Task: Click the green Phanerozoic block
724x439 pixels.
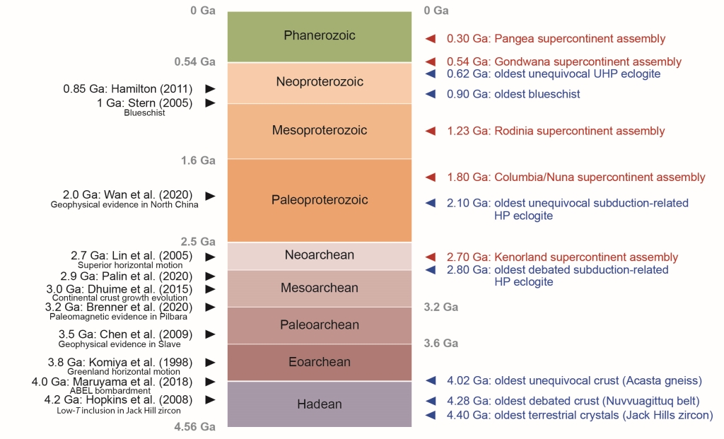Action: [x=319, y=36]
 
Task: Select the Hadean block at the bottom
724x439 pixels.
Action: [x=319, y=404]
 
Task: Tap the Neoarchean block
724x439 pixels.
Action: [x=319, y=255]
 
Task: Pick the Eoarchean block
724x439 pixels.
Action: [x=319, y=363]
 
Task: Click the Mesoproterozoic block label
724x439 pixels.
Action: [x=319, y=130]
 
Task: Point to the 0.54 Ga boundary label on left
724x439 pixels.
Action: [x=194, y=62]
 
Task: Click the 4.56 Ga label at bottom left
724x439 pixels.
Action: [x=194, y=427]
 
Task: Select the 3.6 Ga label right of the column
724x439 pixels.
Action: [x=440, y=344]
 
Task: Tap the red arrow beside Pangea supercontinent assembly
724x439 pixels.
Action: [x=429, y=39]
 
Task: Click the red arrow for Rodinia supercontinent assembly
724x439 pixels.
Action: [x=429, y=131]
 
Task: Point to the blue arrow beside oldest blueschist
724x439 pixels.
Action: [x=429, y=94]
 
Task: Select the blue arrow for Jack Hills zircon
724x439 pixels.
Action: [x=429, y=415]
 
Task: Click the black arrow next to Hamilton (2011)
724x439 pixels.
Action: [x=209, y=89]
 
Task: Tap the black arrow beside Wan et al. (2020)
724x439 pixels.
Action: [x=209, y=195]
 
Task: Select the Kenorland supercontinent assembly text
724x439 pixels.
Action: [x=562, y=257]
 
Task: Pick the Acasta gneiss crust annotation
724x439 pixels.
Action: [x=573, y=380]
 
